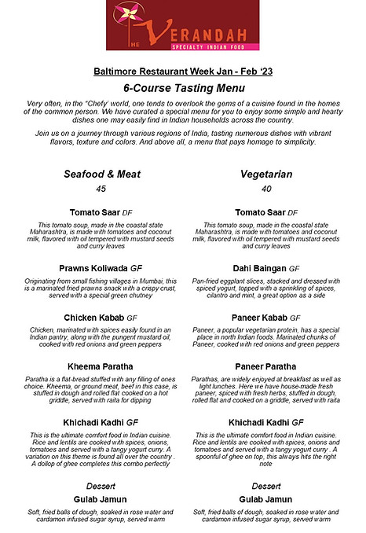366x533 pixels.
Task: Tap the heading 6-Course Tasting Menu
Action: tap(184, 87)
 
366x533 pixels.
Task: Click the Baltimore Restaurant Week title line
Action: tap(184, 69)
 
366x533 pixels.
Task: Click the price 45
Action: tap(101, 189)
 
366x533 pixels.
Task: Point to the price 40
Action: tap(266, 189)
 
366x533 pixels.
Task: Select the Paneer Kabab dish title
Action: tap(259, 318)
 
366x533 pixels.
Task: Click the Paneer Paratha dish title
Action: tap(266, 366)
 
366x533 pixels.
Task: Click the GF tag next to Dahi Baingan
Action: tap(295, 269)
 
